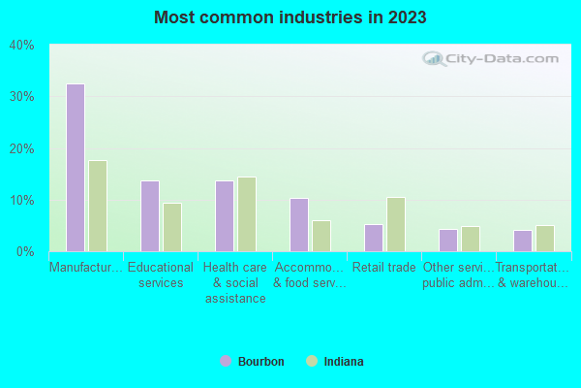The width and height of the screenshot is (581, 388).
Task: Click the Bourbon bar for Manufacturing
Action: tap(76, 168)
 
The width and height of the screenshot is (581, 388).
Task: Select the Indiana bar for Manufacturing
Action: tap(98, 206)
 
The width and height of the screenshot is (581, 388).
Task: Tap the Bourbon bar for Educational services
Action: tap(150, 216)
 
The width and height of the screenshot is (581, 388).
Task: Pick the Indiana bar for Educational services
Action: tap(172, 227)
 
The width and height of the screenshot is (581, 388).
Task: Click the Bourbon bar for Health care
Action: tap(225, 216)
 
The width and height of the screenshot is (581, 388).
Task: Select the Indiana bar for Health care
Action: tap(247, 214)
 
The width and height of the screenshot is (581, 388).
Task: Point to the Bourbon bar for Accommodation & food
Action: tap(299, 225)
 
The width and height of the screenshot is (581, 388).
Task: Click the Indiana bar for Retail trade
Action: tap(395, 224)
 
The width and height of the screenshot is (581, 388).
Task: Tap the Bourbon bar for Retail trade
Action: tap(373, 238)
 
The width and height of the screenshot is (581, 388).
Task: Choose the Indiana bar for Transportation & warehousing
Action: tap(544, 239)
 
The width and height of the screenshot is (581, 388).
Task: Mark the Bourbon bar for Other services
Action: tap(447, 241)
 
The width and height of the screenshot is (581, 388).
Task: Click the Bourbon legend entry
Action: tap(253, 362)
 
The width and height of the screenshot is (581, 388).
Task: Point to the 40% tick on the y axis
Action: tap(21, 46)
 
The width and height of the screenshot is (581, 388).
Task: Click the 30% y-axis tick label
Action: tap(21, 97)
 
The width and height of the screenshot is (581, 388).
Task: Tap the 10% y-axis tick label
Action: tap(21, 201)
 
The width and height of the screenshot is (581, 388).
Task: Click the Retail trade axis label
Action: tap(384, 268)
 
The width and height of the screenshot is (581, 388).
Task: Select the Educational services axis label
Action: tap(162, 275)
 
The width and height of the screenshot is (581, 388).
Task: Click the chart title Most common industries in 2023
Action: tap(290, 17)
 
